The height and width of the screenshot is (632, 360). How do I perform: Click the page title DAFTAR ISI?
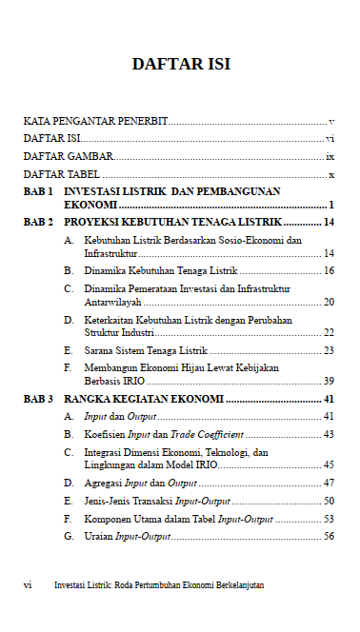(180, 65)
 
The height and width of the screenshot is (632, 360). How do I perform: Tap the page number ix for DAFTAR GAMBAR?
(330, 156)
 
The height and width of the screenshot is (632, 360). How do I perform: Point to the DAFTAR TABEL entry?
(62, 174)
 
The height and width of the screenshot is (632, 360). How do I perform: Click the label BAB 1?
(38, 191)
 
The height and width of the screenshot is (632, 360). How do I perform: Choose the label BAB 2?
(38, 222)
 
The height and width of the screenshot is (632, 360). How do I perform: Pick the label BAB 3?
(38, 399)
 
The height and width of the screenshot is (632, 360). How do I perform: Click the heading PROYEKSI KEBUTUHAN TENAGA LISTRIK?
(172, 222)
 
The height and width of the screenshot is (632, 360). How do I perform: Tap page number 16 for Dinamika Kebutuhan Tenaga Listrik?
(329, 271)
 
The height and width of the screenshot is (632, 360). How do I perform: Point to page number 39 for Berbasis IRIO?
(329, 381)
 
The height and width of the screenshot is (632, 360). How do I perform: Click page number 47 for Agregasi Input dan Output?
(329, 484)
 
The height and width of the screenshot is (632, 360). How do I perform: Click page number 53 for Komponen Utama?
(329, 519)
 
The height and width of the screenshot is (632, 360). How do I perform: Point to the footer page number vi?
(28, 585)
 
